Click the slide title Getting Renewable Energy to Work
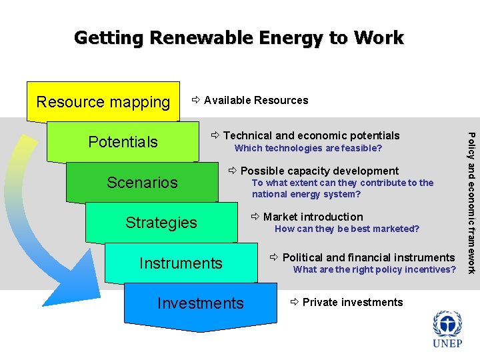pyautogui.click(x=239, y=37)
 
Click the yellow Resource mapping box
pyautogui.click(x=103, y=102)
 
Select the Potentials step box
pyautogui.click(x=123, y=142)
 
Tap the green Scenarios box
pyautogui.click(x=142, y=183)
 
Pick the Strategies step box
pyautogui.click(x=161, y=223)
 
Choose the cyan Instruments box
pyautogui.click(x=181, y=263)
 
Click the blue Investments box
pyautogui.click(x=200, y=303)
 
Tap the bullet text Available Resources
pyautogui.click(x=256, y=101)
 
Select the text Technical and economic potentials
pyautogui.click(x=311, y=135)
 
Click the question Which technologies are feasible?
pyautogui.click(x=308, y=148)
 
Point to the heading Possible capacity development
pyautogui.click(x=319, y=171)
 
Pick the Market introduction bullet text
pyautogui.click(x=313, y=217)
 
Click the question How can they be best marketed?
pyautogui.click(x=347, y=229)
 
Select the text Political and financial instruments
pyautogui.click(x=368, y=257)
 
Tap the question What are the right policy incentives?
pyautogui.click(x=375, y=270)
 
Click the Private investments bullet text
pyautogui.click(x=353, y=302)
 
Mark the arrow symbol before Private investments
pyautogui.click(x=295, y=302)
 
